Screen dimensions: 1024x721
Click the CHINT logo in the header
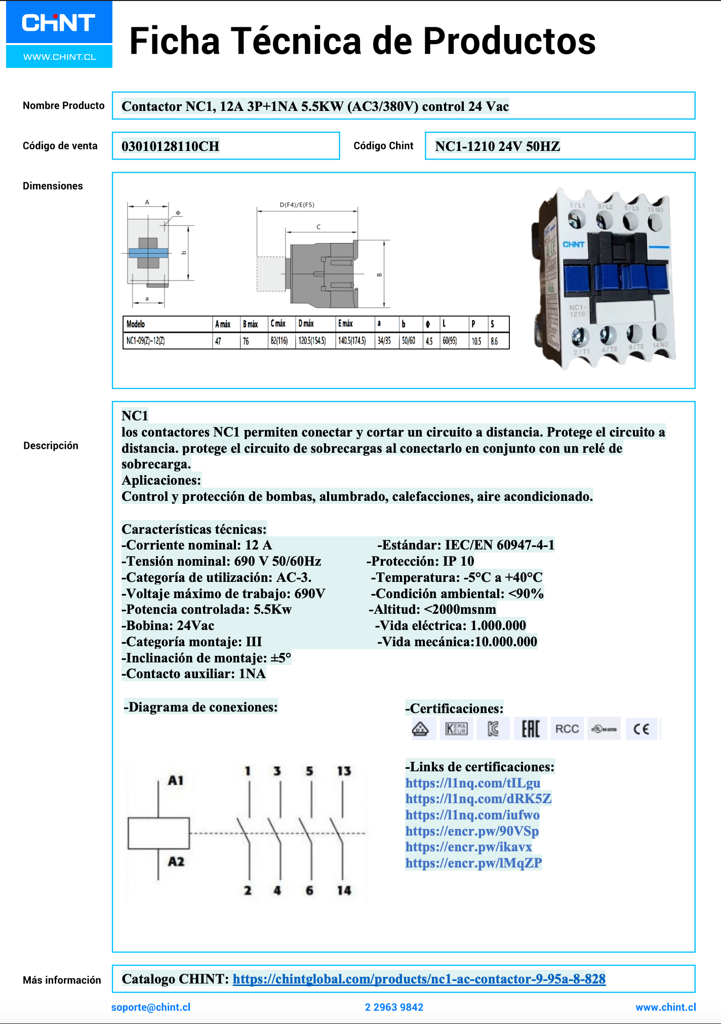click(x=59, y=23)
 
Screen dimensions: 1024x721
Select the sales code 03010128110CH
click(x=171, y=146)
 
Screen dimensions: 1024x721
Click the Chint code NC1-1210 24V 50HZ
click(x=497, y=146)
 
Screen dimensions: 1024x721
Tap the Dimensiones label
click(x=53, y=186)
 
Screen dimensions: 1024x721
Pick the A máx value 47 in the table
click(x=218, y=341)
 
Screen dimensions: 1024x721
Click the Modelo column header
click(x=136, y=324)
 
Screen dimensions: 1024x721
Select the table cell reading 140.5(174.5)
click(x=352, y=341)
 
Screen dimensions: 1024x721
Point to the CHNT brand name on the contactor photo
click(x=573, y=245)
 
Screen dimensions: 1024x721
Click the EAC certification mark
click(x=531, y=729)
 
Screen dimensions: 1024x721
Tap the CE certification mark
click(x=641, y=729)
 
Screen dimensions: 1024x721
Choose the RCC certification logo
click(x=567, y=729)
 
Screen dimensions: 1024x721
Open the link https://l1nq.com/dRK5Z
click(x=478, y=799)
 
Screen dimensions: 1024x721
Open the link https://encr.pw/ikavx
click(x=468, y=847)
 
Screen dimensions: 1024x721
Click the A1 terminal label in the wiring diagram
click(x=176, y=780)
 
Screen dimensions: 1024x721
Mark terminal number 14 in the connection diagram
click(x=344, y=890)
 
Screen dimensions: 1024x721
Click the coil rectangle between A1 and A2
click(x=158, y=833)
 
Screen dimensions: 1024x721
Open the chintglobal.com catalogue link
click(x=419, y=979)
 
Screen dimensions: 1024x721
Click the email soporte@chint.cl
click(x=151, y=1007)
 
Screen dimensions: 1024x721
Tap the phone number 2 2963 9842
click(x=394, y=1007)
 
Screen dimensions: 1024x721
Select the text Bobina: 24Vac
click(x=168, y=625)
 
